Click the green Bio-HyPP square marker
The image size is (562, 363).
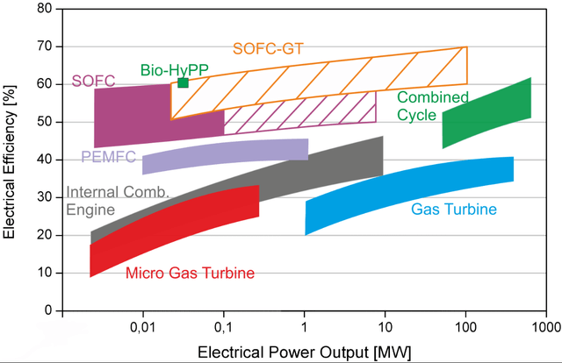[183, 82]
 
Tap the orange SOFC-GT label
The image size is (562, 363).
[268, 49]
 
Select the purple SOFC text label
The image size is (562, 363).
[92, 82]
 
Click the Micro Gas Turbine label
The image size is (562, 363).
[190, 274]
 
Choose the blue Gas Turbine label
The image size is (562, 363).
[454, 210]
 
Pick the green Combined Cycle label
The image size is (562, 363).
[433, 106]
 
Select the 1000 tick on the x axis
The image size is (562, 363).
[544, 325]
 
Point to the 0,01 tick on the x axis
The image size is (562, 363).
[142, 325]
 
